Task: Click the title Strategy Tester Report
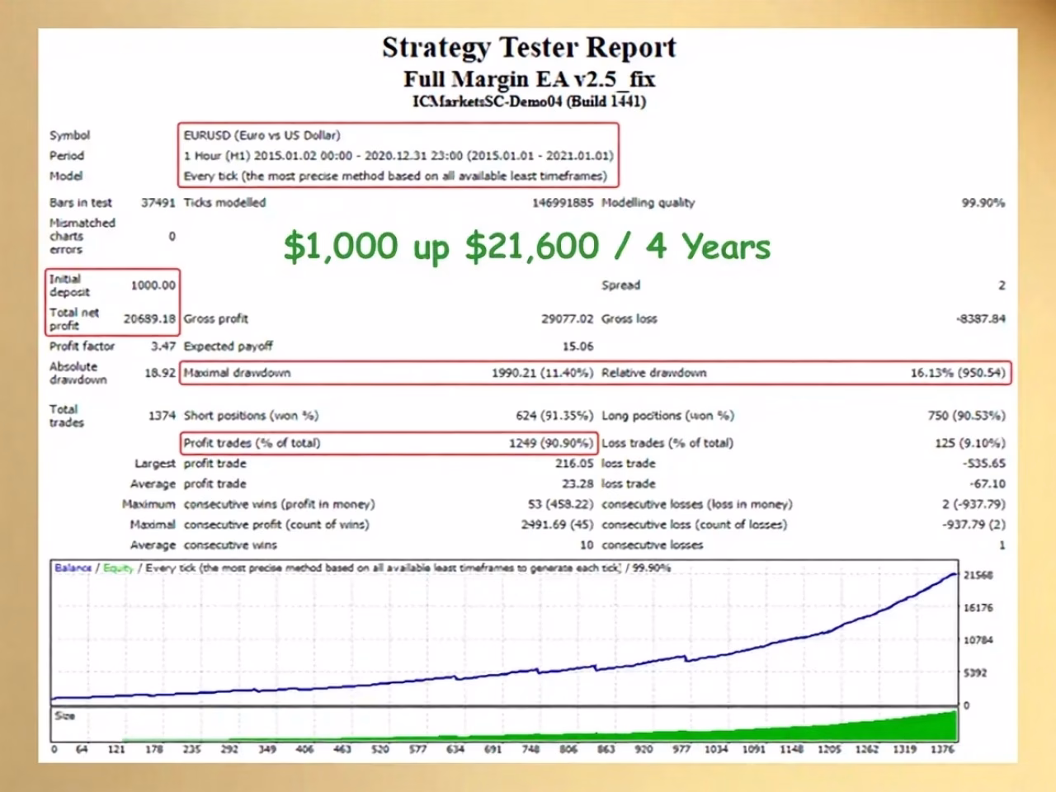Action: tap(529, 48)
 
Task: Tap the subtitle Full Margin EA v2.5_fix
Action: tap(529, 79)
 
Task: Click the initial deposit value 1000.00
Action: tap(153, 285)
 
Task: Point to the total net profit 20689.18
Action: tap(149, 318)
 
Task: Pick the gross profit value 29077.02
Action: tap(568, 318)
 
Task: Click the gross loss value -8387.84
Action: tap(980, 318)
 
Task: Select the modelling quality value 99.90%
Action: tap(983, 203)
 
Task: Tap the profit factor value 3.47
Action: tap(163, 346)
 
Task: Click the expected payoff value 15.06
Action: tap(577, 346)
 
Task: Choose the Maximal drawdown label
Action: tap(237, 373)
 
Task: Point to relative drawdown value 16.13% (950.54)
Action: tap(958, 373)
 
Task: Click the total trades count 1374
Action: tap(163, 416)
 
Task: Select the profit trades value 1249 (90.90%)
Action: tap(551, 443)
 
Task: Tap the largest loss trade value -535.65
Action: tap(984, 464)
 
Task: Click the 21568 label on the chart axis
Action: tap(978, 576)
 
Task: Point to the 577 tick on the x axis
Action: tap(417, 749)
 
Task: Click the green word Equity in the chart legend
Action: tap(118, 568)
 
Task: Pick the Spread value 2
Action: tap(1002, 285)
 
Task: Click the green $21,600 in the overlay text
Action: tap(532, 247)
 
